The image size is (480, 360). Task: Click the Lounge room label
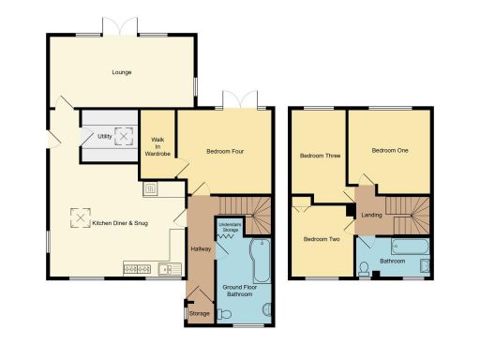(x=121, y=72)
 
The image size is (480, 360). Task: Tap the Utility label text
(x=104, y=137)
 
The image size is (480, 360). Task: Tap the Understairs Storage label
(x=230, y=228)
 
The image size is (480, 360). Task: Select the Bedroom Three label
(x=320, y=155)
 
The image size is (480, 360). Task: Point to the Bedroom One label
(x=389, y=150)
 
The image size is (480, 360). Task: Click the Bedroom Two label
(x=321, y=239)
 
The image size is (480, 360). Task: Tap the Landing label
(x=371, y=216)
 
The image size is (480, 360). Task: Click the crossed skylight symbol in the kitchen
(x=78, y=222)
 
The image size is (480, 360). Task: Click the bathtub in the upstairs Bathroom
(x=409, y=247)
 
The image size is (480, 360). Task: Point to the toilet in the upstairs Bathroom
(x=365, y=270)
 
